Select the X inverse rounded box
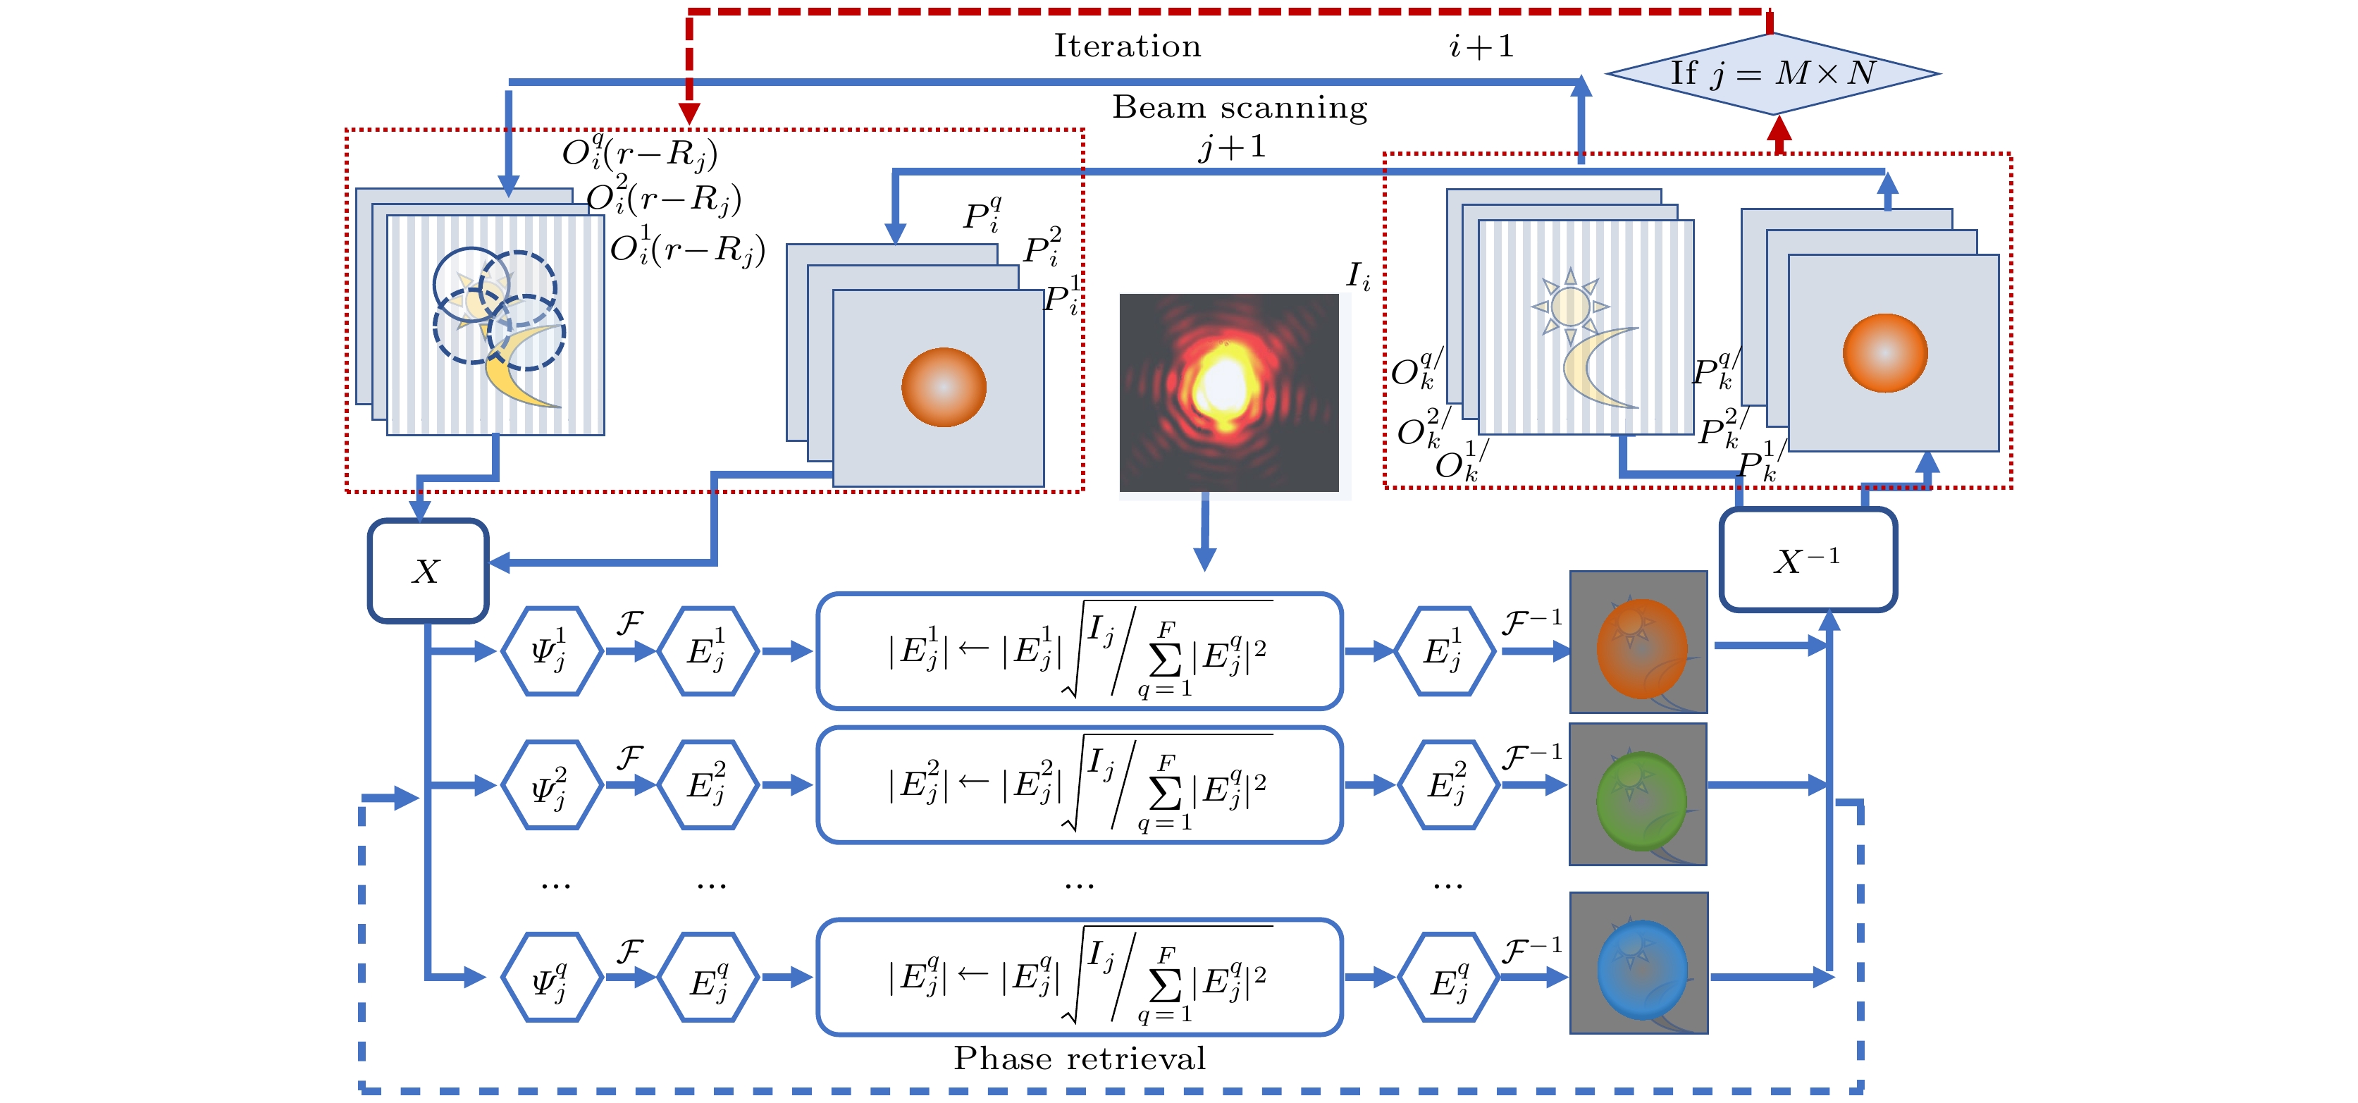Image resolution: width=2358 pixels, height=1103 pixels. click(1807, 560)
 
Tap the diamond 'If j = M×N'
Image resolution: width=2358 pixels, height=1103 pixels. click(1772, 73)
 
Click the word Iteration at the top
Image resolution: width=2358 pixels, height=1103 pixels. click(1127, 46)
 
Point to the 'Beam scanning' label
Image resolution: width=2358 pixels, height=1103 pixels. click(1240, 108)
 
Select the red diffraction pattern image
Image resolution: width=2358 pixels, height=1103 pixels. click(1228, 392)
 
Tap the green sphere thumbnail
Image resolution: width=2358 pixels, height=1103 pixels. click(1638, 794)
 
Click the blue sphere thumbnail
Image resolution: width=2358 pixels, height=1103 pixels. click(1638, 963)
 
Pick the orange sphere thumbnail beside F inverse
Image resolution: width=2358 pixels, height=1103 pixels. click(1638, 641)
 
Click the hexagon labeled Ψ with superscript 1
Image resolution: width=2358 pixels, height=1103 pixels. click(551, 651)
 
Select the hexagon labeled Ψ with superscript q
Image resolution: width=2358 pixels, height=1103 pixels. click(551, 977)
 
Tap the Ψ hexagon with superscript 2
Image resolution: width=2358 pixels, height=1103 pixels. click(551, 784)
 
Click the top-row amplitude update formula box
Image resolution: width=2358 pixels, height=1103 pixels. click(1079, 651)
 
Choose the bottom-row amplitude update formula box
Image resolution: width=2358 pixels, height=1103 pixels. click(1079, 977)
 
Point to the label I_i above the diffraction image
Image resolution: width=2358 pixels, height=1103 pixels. click(1359, 275)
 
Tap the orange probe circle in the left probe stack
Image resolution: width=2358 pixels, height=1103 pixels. click(944, 387)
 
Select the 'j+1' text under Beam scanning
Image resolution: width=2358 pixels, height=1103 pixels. click(1233, 147)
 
